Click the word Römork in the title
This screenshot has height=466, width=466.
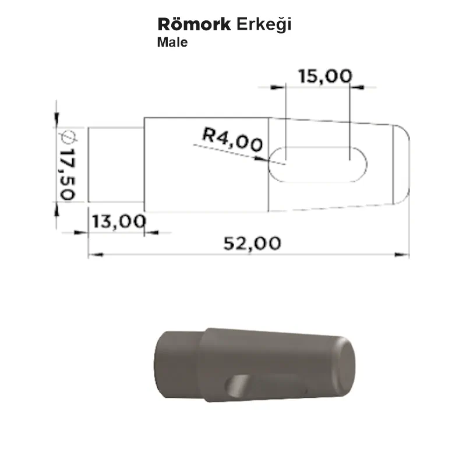tap(194, 24)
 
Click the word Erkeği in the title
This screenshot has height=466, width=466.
tap(264, 25)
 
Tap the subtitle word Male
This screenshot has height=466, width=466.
tap(172, 42)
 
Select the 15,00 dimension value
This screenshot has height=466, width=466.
tap(325, 76)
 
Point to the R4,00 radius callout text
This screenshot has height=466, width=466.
tap(232, 139)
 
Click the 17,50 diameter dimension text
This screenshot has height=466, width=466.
tap(68, 174)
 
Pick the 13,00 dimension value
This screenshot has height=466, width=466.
tap(119, 221)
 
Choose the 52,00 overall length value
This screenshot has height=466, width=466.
tap(252, 243)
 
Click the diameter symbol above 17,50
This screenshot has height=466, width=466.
tap(68, 137)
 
